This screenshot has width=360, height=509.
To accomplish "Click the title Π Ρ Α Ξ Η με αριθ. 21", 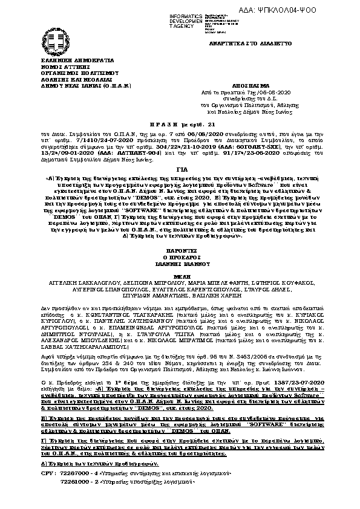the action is point(180,121).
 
